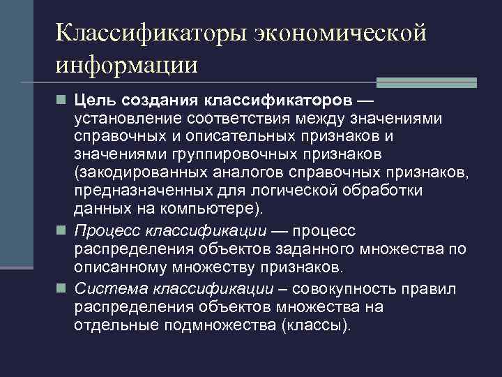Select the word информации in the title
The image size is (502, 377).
pyautogui.click(x=128, y=65)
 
